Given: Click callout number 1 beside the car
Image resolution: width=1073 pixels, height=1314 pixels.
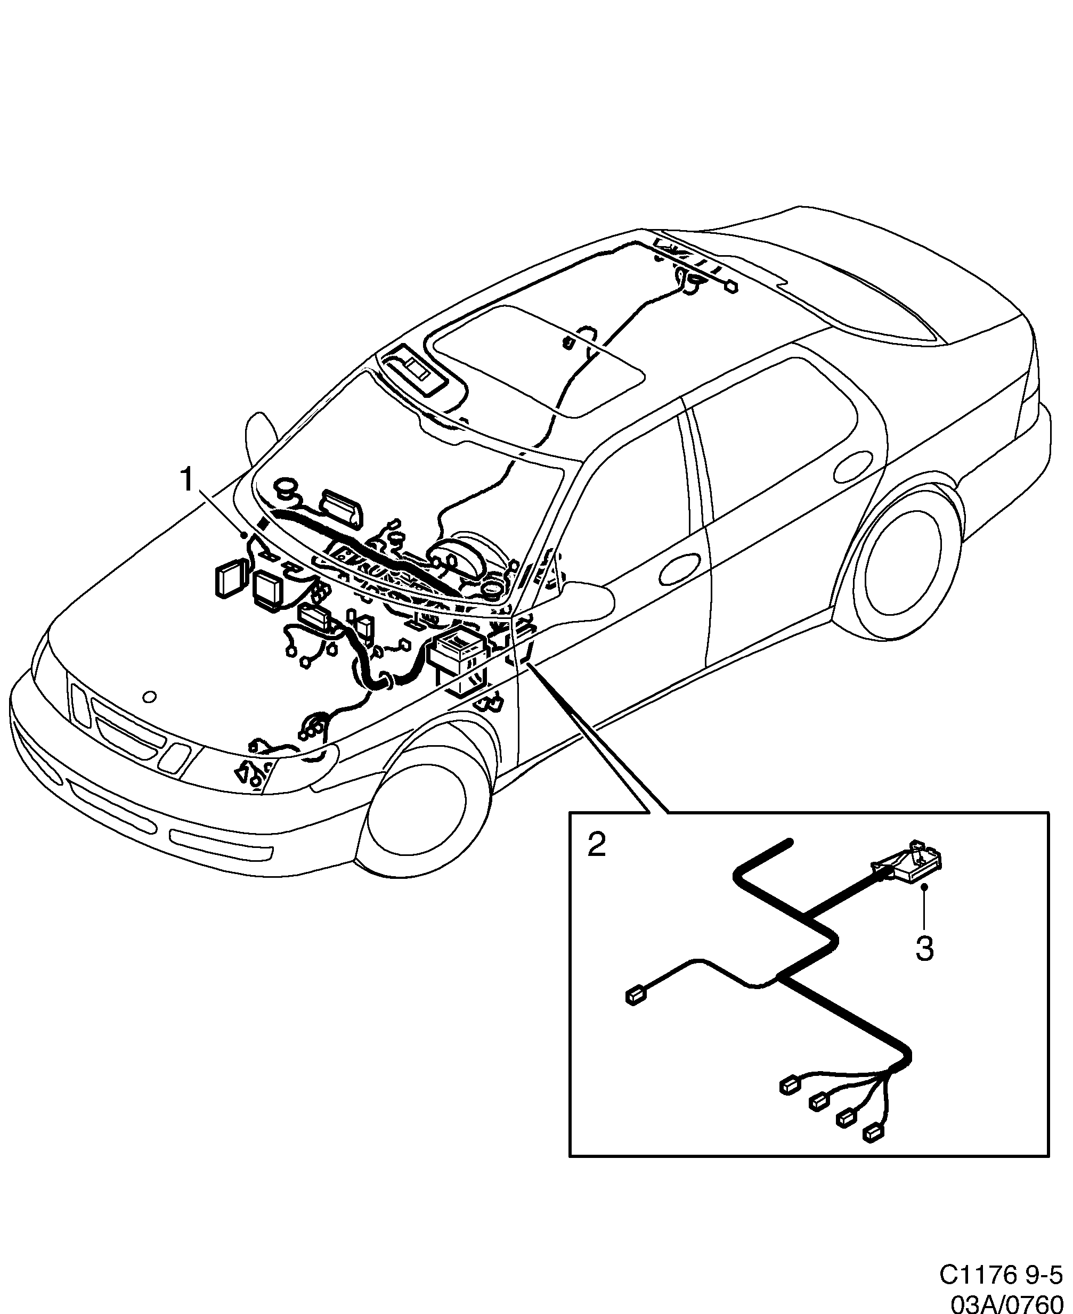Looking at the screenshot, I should coord(186,480).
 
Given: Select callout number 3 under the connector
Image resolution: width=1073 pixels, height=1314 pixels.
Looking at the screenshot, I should coord(924,948).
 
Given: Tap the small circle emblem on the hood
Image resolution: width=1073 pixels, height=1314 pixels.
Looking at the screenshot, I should coord(149,697).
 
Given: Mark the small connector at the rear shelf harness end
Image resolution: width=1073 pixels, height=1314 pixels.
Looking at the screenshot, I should coord(731,286).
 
